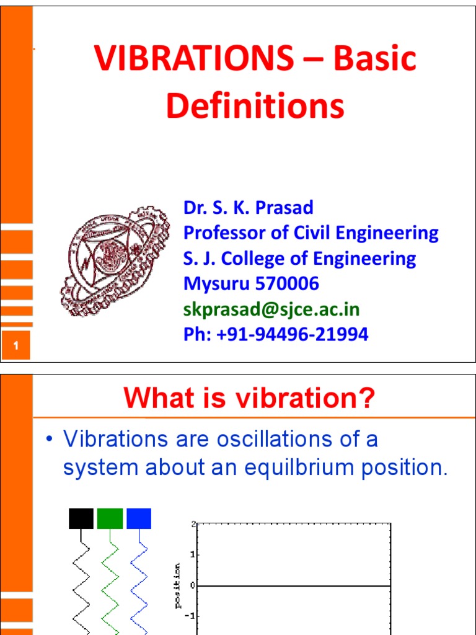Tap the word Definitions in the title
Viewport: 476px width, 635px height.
(x=255, y=106)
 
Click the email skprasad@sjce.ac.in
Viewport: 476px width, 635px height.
(x=271, y=309)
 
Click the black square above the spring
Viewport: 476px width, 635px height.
(x=81, y=518)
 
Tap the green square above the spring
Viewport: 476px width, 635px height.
(x=110, y=518)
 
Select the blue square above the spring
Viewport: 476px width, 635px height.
(x=138, y=518)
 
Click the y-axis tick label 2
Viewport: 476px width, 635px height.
(x=193, y=524)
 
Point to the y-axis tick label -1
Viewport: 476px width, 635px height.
(x=191, y=616)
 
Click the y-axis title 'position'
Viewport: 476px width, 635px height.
(x=178, y=585)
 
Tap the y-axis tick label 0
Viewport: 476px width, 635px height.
(x=193, y=585)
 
